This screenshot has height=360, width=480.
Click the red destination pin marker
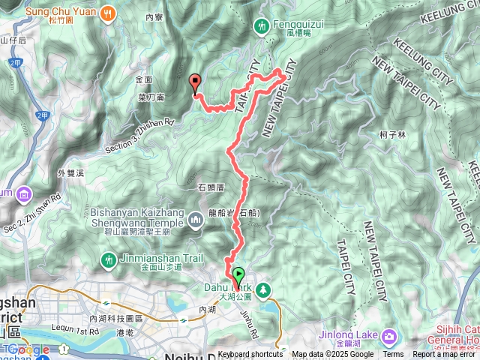195,83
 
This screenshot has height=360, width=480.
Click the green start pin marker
238,275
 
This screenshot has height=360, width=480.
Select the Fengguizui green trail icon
262,25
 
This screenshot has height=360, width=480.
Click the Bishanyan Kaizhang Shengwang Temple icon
195,220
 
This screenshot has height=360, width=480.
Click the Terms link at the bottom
393,355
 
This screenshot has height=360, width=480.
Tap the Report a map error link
445,355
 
